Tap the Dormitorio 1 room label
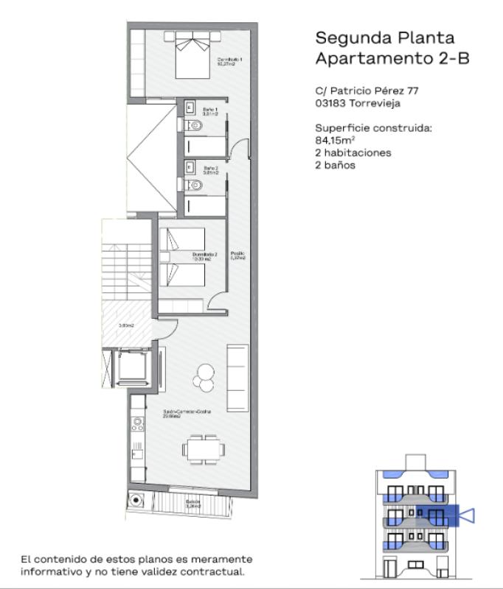(229, 61)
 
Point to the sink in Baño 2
(189, 167)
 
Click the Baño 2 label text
(210, 170)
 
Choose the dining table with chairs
(204, 448)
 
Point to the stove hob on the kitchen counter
(136, 424)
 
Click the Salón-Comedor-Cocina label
(187, 414)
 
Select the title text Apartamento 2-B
(392, 58)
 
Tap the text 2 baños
(335, 165)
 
